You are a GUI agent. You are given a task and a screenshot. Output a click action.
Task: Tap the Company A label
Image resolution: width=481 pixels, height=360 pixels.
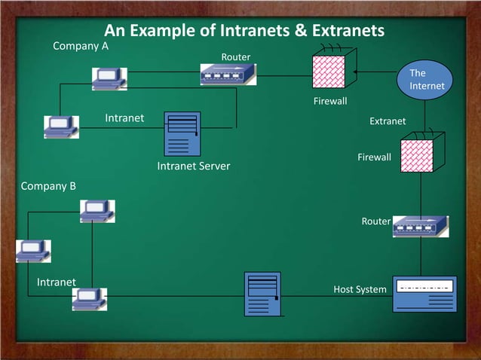click(81, 46)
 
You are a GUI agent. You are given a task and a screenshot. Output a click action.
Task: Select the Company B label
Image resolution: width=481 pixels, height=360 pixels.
click(48, 185)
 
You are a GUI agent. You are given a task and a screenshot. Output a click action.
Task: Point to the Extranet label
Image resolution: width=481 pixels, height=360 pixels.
click(388, 121)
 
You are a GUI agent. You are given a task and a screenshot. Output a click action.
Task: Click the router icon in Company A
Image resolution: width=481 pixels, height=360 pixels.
click(228, 74)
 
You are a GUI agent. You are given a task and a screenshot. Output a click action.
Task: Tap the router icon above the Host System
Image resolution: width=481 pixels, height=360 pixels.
click(421, 226)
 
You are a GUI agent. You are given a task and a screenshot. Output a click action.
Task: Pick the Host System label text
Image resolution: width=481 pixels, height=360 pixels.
click(360, 290)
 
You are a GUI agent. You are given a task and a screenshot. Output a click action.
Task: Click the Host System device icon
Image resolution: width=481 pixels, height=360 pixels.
click(424, 294)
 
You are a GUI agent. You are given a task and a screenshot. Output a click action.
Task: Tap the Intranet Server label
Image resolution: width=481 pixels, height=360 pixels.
click(193, 166)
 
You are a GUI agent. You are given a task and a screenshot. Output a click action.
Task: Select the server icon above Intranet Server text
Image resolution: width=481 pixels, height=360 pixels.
click(182, 133)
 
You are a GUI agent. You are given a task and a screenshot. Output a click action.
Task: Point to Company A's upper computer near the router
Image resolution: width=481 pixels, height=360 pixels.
click(109, 78)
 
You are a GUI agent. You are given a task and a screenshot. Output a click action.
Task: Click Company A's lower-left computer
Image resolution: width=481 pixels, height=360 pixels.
click(61, 127)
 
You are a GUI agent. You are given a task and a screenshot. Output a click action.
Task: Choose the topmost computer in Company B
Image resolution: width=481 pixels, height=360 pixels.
click(98, 211)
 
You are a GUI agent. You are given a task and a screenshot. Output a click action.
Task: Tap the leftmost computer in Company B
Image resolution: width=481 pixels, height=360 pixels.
click(33, 251)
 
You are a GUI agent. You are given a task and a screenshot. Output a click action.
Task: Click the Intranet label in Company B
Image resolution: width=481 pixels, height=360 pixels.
click(57, 282)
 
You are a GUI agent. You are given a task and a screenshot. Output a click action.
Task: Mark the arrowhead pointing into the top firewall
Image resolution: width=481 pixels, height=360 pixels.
click(355, 72)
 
